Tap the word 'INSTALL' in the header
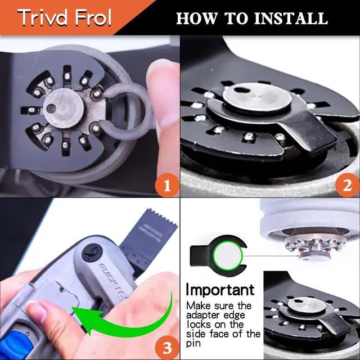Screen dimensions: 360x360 click(x=290, y=18)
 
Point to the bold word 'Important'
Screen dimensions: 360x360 click(x=220, y=290)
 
